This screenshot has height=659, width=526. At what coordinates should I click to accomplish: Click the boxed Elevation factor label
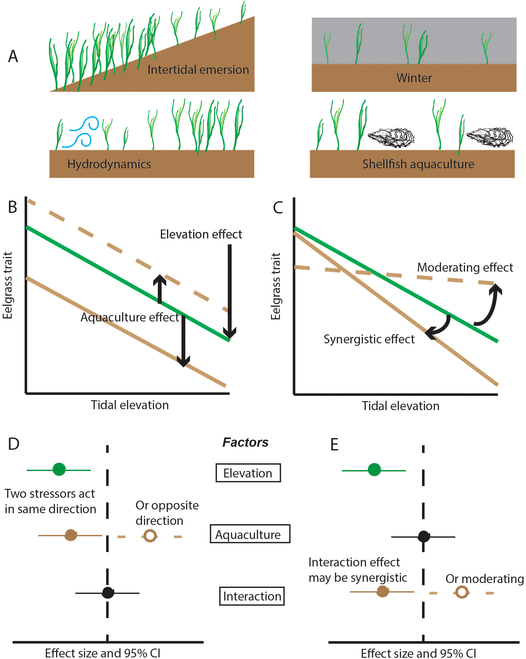pyautogui.click(x=248, y=473)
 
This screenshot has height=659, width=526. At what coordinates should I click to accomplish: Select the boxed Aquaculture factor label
pyautogui.click(x=250, y=534)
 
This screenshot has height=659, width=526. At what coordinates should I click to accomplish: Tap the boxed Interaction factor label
pyautogui.click(x=252, y=596)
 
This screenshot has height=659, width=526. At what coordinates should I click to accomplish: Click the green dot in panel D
pyautogui.click(x=59, y=469)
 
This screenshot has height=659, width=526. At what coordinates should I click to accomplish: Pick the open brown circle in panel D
pyautogui.click(x=150, y=536)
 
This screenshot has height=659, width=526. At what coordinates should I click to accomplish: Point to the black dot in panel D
pyautogui.click(x=108, y=593)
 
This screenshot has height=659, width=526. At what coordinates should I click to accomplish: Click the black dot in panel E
pyautogui.click(x=424, y=537)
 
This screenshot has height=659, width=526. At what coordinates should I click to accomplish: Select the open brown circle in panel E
pyautogui.click(x=461, y=592)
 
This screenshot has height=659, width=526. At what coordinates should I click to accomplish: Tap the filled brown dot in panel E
pyautogui.click(x=382, y=591)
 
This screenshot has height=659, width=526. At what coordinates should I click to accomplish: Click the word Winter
pyautogui.click(x=414, y=78)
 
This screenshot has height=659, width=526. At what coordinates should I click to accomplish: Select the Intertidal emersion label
pyautogui.click(x=198, y=70)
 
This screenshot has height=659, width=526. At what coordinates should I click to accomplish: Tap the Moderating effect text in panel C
pyautogui.click(x=465, y=267)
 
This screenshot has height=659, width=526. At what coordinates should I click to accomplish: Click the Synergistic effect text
pyautogui.click(x=369, y=339)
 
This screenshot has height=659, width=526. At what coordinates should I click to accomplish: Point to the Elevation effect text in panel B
pyautogui.click(x=201, y=234)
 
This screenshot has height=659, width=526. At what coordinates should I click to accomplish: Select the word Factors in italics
pyautogui.click(x=245, y=442)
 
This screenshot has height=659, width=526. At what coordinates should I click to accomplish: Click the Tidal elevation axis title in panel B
pyautogui.click(x=130, y=405)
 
